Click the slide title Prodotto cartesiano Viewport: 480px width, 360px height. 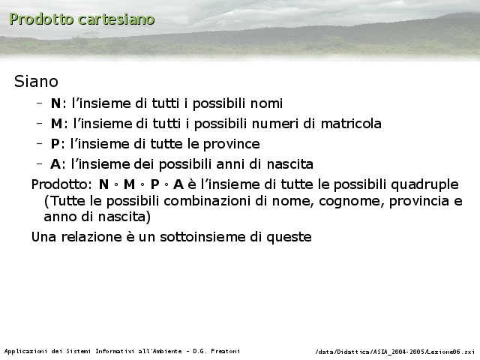click(82, 19)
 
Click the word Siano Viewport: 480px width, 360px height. click(36, 82)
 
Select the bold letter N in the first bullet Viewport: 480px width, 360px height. click(55, 103)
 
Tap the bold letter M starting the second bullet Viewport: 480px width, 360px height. click(57, 124)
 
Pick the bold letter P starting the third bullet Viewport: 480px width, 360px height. click(55, 144)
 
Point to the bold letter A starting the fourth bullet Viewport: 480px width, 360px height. click(55, 164)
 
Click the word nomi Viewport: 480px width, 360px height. click(266, 103)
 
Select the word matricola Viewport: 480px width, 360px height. click(351, 124)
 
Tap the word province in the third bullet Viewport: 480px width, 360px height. click(232, 144)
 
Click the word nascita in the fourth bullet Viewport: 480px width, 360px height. click(290, 164)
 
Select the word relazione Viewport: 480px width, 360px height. click(91, 237)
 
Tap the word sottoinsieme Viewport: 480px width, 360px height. click(202, 237)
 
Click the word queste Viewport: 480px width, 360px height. click(289, 237)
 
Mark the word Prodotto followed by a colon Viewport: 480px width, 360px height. click(61, 184)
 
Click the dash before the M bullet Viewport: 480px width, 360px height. click(39, 123)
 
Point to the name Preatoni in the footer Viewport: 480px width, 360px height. click(225, 351)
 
